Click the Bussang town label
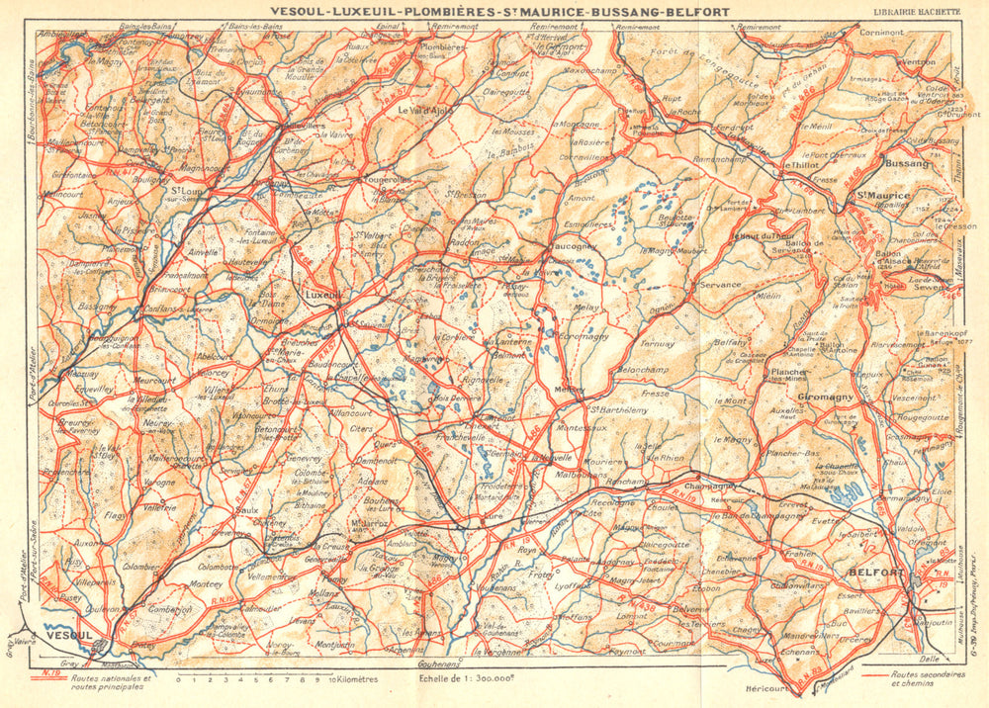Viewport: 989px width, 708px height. tap(907, 162)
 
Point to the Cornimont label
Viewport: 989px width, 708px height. tap(882, 33)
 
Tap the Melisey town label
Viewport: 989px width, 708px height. tap(569, 390)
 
